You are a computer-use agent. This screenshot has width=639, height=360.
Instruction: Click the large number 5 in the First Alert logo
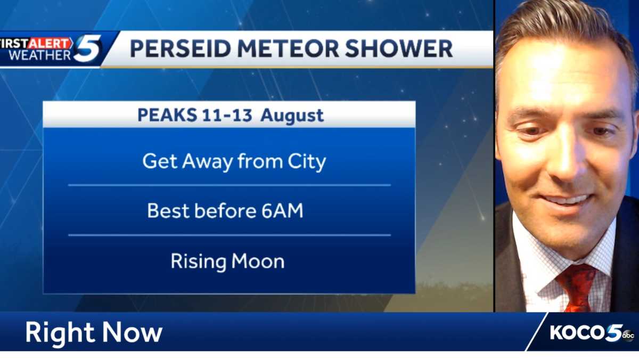87,48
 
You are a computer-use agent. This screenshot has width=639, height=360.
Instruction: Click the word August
292,115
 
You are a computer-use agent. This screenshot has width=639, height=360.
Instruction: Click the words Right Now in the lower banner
94,332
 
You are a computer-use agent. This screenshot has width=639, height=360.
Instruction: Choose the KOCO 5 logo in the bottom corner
586,332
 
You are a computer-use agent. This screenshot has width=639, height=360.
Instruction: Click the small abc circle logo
628,334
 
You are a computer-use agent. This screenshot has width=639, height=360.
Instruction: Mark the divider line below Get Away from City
229,185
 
